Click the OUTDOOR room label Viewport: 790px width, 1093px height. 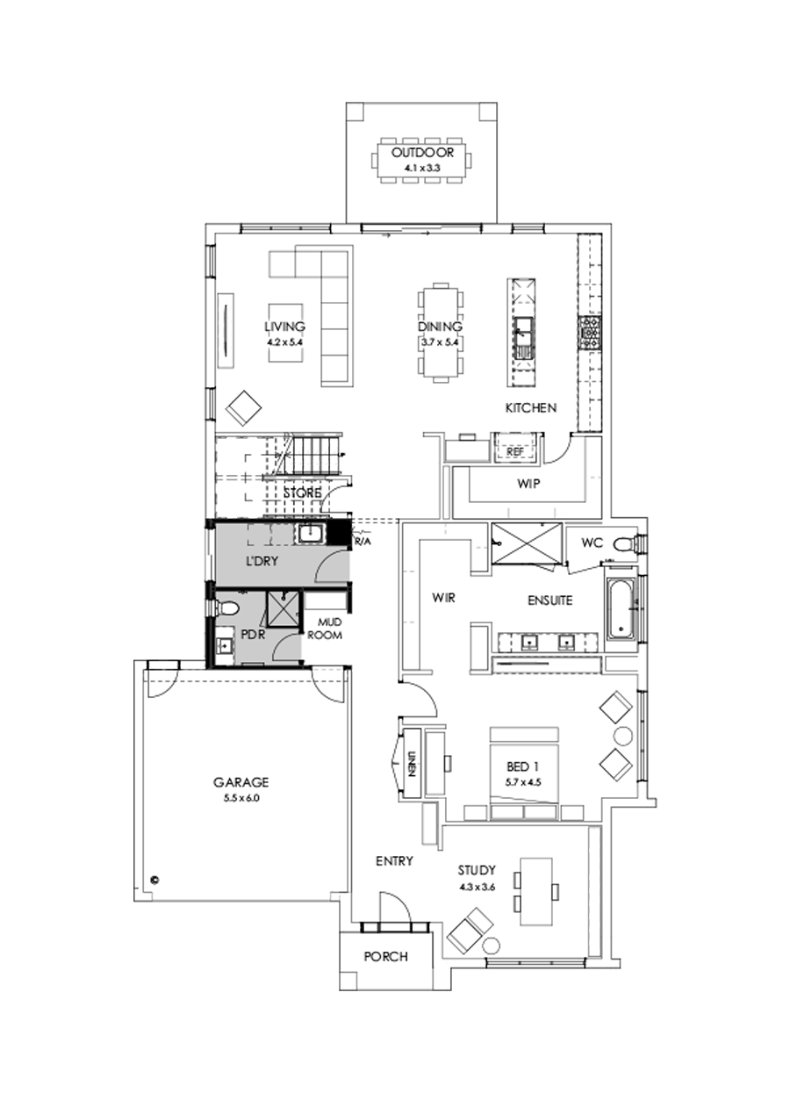tap(422, 152)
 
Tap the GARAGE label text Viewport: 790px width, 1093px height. tap(240, 782)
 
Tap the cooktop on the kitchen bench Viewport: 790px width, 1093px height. tap(588, 331)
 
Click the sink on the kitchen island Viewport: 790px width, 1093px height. tap(525, 334)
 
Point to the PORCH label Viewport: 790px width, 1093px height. tap(385, 956)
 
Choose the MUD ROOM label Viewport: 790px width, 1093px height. tap(329, 629)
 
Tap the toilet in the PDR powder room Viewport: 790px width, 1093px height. tap(229, 608)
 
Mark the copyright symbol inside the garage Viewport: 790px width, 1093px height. tap(153, 877)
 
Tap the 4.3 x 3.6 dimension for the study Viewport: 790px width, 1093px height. tap(478, 888)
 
